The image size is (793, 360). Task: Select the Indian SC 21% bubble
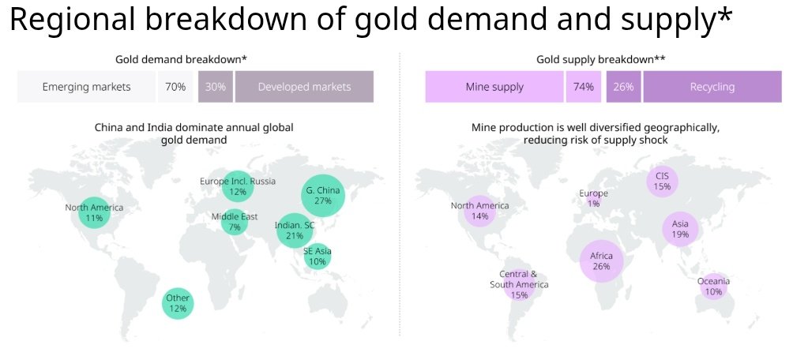coord(295,231)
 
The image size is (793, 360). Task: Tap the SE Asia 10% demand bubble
coord(317,257)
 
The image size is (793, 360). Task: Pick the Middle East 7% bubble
coord(235,222)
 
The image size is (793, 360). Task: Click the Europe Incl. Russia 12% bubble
coord(237,186)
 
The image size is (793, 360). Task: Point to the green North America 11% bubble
coord(94,212)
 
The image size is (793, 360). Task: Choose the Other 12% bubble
coord(178,303)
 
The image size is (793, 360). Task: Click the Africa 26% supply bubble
coord(601,261)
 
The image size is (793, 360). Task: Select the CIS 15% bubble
coord(662,182)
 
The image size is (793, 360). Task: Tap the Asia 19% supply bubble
coord(680,229)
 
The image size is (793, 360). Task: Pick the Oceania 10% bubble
coord(713,287)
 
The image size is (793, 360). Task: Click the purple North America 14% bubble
coord(479,211)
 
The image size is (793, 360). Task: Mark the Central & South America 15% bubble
coord(519,284)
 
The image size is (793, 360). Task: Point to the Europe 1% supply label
coord(593,198)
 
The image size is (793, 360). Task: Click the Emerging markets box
coord(87,87)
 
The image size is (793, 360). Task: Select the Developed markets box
coord(304,87)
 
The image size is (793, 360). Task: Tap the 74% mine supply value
coord(584,87)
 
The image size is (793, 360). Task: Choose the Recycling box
coord(712,87)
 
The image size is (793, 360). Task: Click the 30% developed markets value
coord(215,87)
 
